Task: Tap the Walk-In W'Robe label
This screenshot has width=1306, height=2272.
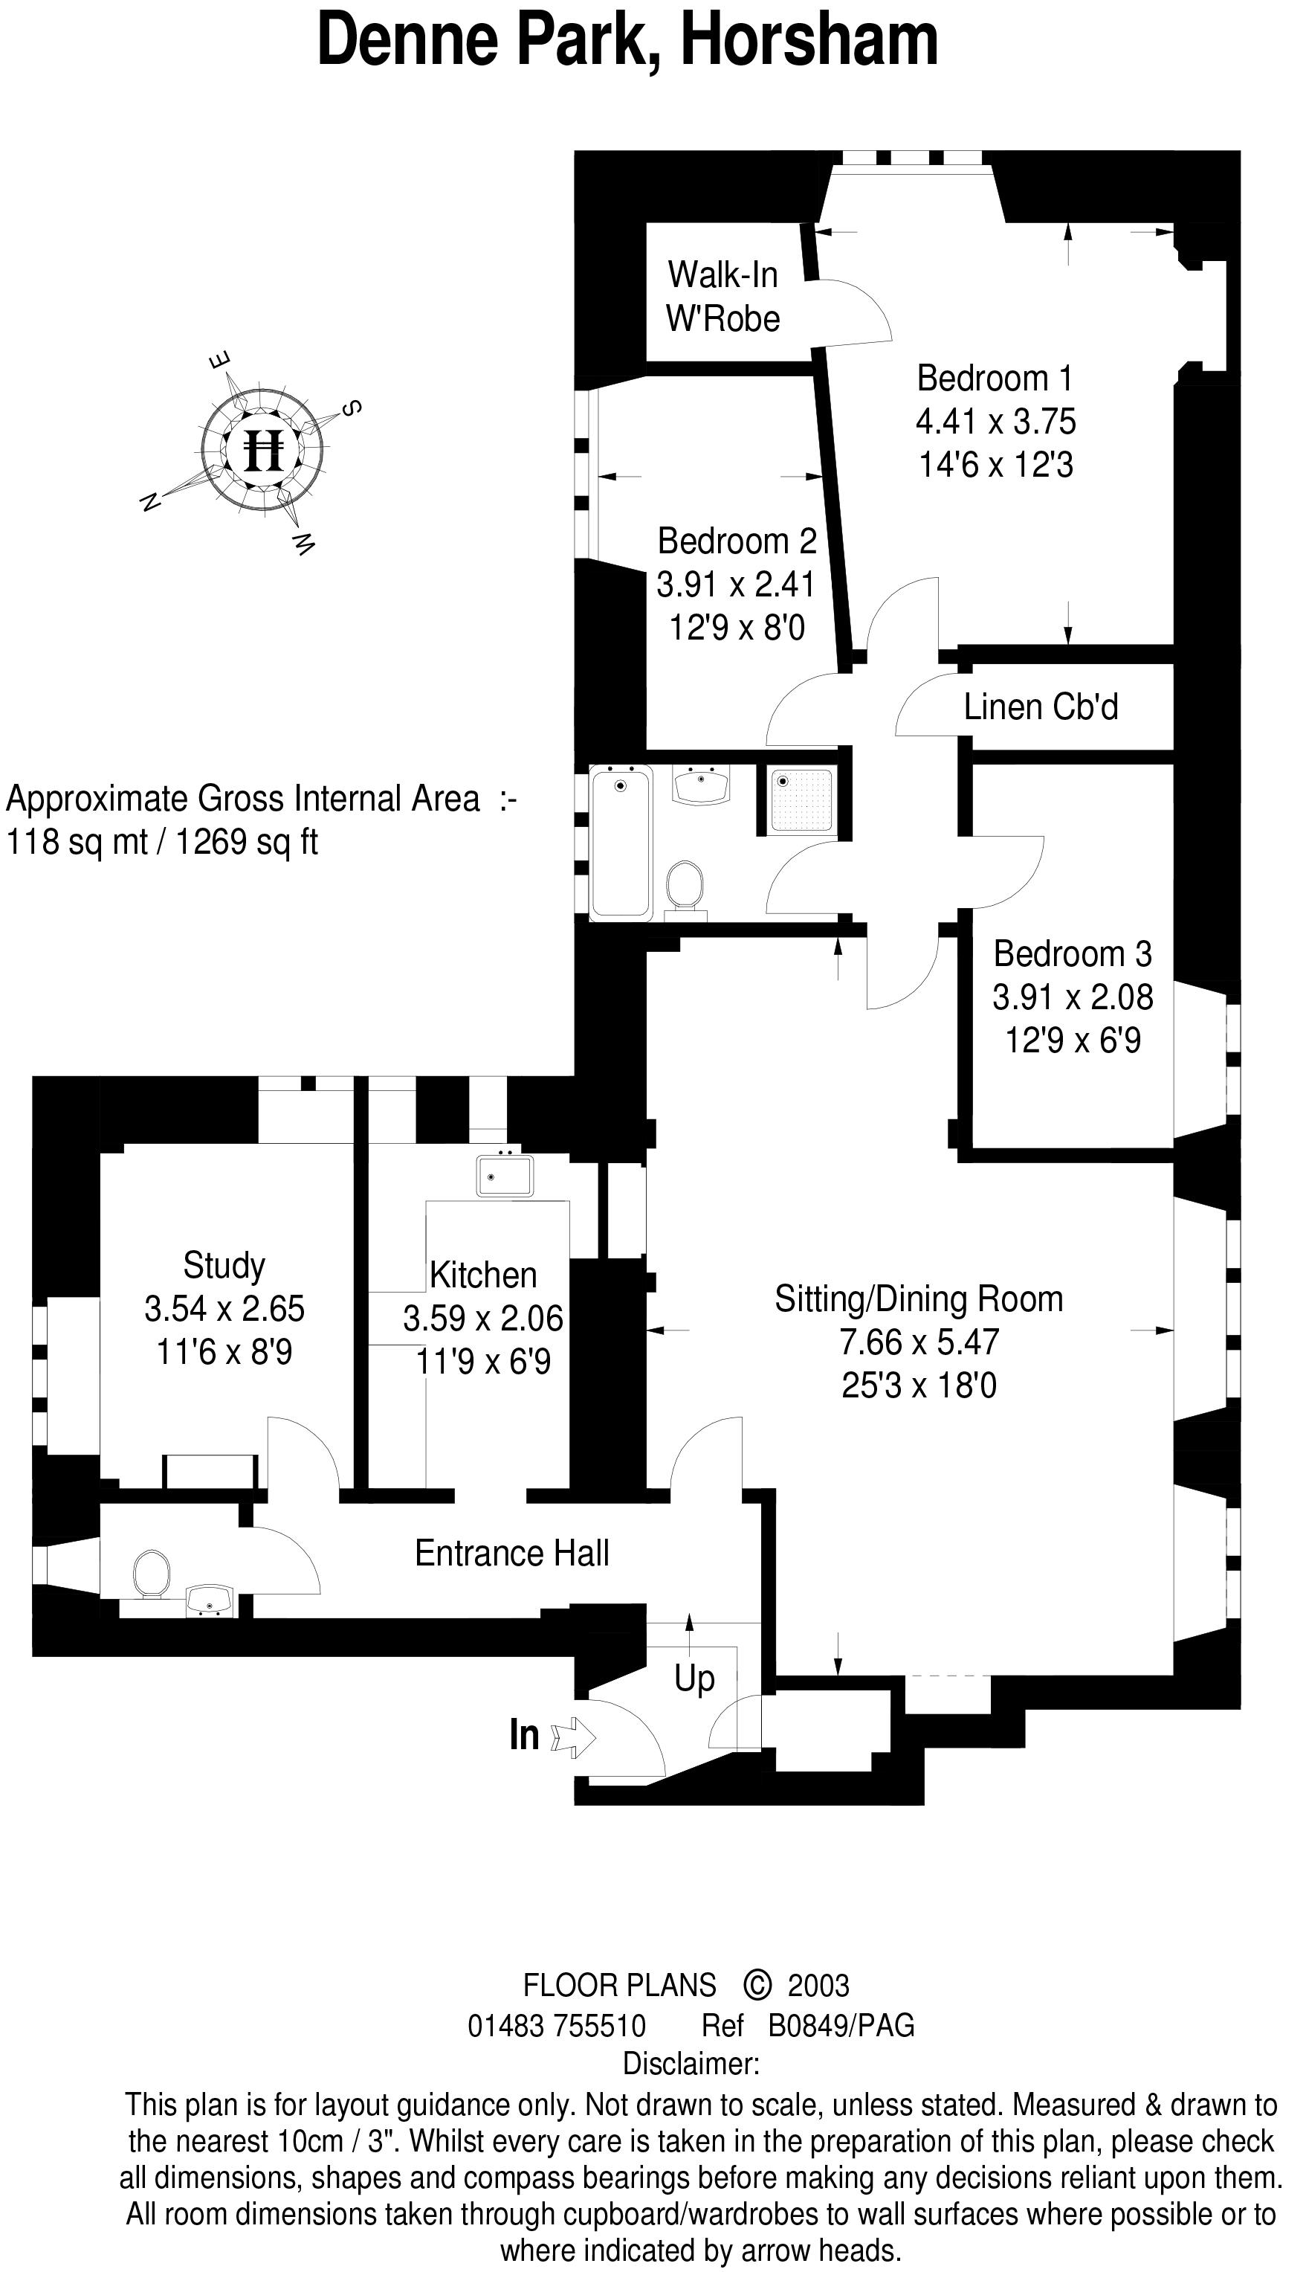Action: coord(723,296)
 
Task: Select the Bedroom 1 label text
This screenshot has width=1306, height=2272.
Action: coord(995,378)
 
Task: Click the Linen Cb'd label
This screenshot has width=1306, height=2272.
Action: coord(1041,707)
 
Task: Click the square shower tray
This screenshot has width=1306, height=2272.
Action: coord(802,800)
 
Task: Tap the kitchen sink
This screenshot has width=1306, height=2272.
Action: coord(505,1176)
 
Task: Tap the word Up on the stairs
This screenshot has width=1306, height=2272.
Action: coord(694,1678)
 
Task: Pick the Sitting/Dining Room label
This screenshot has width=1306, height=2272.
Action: coord(919,1298)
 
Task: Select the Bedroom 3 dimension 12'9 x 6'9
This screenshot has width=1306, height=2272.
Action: coord(1072,1041)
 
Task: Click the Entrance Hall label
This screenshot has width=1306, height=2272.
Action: coord(511,1554)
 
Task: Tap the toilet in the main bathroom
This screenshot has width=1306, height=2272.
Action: coord(685,886)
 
